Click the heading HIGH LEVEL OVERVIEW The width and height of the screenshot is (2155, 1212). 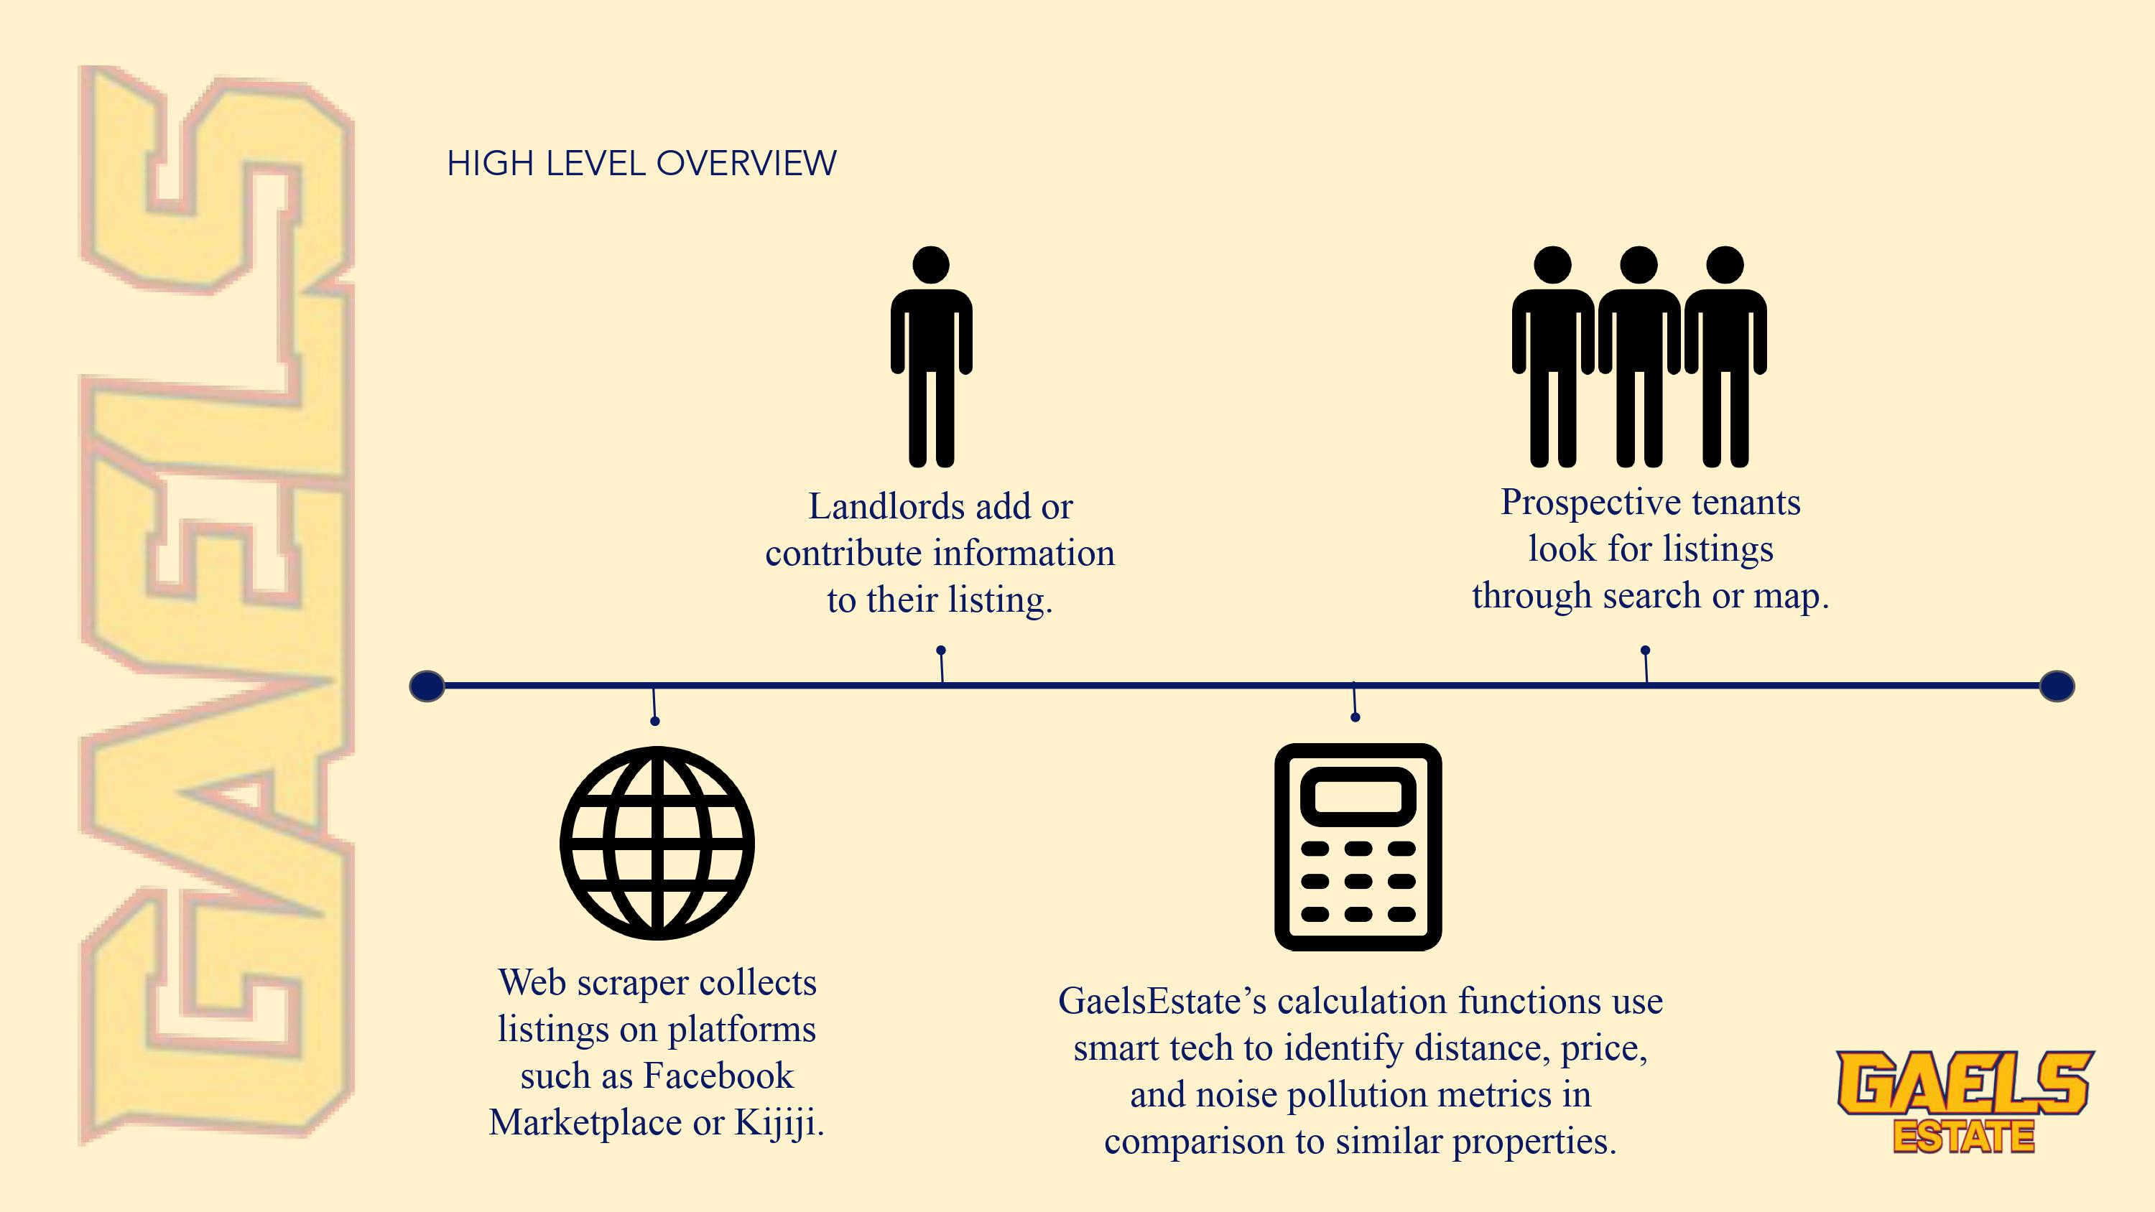coord(641,163)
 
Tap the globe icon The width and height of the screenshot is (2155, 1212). coord(657,843)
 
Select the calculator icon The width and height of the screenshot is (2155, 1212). coord(1358,847)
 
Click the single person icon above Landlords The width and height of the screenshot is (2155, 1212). coord(931,355)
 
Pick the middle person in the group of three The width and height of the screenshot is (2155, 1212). coord(1639,355)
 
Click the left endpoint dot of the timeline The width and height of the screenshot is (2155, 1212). coord(427,686)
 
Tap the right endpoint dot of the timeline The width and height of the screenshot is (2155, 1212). coord(2057,686)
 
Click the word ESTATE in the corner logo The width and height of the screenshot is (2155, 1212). coord(1963,1137)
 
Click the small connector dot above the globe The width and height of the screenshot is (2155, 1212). coord(655,721)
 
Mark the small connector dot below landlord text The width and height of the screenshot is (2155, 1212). coord(941,650)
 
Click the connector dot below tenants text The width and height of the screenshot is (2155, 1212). coord(1645,650)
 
